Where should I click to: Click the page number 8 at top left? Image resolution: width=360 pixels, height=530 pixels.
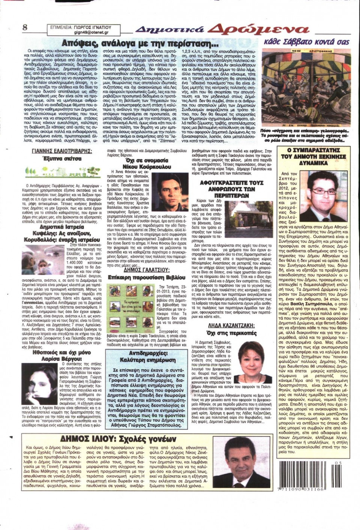click(25, 27)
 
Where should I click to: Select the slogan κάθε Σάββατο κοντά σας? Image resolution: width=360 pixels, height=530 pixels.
click(306, 41)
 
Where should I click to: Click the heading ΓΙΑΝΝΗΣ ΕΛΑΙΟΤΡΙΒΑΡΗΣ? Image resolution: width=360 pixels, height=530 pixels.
click(62, 151)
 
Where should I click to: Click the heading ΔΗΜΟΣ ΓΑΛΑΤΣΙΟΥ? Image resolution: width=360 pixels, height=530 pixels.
click(147, 270)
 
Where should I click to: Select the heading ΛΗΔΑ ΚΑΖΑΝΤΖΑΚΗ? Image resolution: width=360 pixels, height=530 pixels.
click(231, 326)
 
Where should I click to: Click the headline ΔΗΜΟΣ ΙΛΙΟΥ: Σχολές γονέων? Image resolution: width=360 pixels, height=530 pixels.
click(118, 439)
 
